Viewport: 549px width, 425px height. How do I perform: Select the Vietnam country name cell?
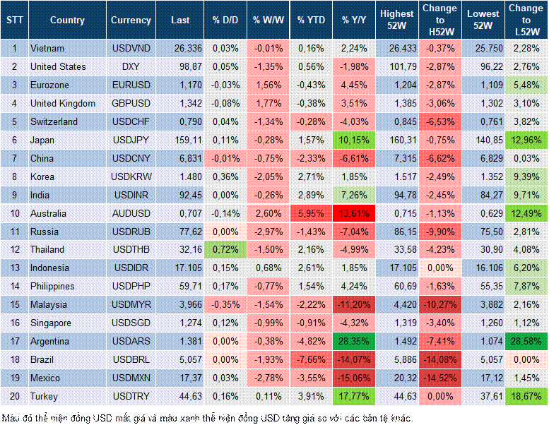pos(48,48)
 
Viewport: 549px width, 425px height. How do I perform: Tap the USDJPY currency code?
pos(131,140)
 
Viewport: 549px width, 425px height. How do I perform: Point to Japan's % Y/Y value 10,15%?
pos(355,140)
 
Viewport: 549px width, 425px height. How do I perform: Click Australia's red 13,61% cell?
pos(355,213)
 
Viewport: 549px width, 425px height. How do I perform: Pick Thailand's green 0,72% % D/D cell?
pos(225,250)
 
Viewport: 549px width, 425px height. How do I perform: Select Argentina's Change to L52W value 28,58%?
pos(526,342)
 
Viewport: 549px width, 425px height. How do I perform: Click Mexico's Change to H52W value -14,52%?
pos(439,378)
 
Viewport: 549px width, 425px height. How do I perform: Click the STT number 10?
pos(14,213)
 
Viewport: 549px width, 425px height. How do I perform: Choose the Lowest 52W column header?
pos(483,20)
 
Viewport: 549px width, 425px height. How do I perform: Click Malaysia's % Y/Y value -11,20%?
pos(355,305)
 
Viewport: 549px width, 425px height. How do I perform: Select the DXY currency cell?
pos(131,66)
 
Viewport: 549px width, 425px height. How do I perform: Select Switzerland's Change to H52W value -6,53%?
pos(439,121)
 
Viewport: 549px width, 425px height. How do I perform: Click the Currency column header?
pos(131,20)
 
